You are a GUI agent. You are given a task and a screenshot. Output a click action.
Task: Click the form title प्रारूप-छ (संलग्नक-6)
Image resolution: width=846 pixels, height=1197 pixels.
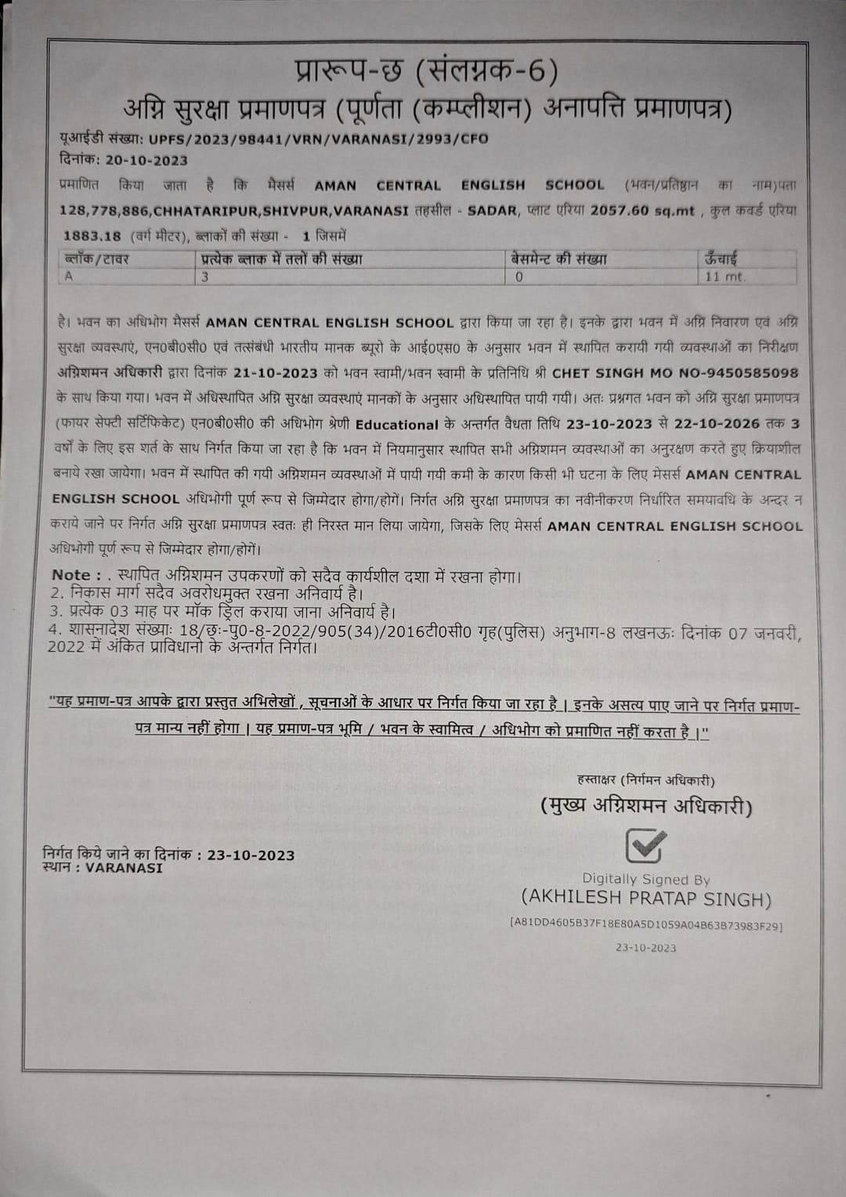pos(426,72)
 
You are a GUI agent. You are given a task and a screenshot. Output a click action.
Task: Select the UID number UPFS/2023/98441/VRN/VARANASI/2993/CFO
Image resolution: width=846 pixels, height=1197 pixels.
pos(316,139)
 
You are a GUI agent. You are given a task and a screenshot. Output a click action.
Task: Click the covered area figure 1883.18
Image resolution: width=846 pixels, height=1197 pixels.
pos(92,235)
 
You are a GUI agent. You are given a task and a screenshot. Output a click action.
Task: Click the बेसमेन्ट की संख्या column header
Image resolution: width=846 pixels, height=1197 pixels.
pos(559,259)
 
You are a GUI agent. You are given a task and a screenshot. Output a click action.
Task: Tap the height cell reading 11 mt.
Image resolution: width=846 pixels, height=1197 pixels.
pos(725,276)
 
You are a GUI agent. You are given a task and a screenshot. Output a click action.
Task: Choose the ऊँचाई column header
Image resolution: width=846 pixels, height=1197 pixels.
pos(721,259)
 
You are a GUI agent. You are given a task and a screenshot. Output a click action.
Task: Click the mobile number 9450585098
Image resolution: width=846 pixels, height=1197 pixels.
pos(753,373)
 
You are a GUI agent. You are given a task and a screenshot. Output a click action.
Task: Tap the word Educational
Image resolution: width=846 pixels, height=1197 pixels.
pos(396,425)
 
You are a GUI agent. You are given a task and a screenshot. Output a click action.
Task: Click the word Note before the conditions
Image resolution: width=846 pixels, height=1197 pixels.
pos(70,576)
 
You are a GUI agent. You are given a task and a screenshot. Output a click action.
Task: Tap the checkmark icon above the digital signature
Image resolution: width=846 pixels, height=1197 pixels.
pos(645,845)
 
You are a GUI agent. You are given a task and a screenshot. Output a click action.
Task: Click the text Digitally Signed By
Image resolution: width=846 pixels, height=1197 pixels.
pos(645,879)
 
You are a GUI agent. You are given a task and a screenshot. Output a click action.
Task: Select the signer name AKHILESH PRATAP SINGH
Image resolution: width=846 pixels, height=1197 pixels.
pos(646,898)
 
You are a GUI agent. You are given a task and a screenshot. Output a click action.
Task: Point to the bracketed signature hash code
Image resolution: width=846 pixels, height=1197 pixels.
pos(645,925)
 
